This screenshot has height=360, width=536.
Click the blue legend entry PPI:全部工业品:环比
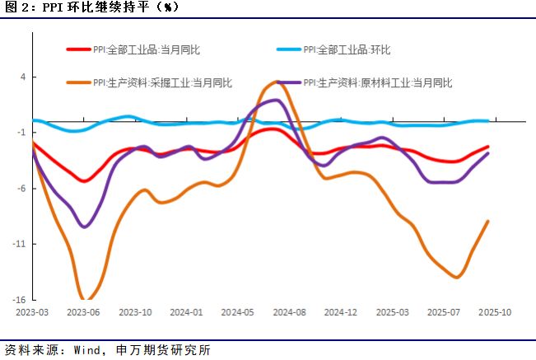pyautogui.click(x=347, y=49)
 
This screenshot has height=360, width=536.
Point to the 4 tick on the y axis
pyautogui.click(x=22, y=77)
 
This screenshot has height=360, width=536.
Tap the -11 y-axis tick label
pyautogui.click(x=19, y=245)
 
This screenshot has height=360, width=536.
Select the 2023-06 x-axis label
pyautogui.click(x=84, y=313)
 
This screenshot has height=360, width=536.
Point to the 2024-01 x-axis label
pyautogui.click(x=186, y=313)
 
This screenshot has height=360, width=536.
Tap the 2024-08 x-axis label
pyautogui.click(x=289, y=313)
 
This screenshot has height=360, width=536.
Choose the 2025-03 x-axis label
pyautogui.click(x=391, y=313)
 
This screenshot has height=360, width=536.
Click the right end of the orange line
pyautogui.click(x=489, y=221)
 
